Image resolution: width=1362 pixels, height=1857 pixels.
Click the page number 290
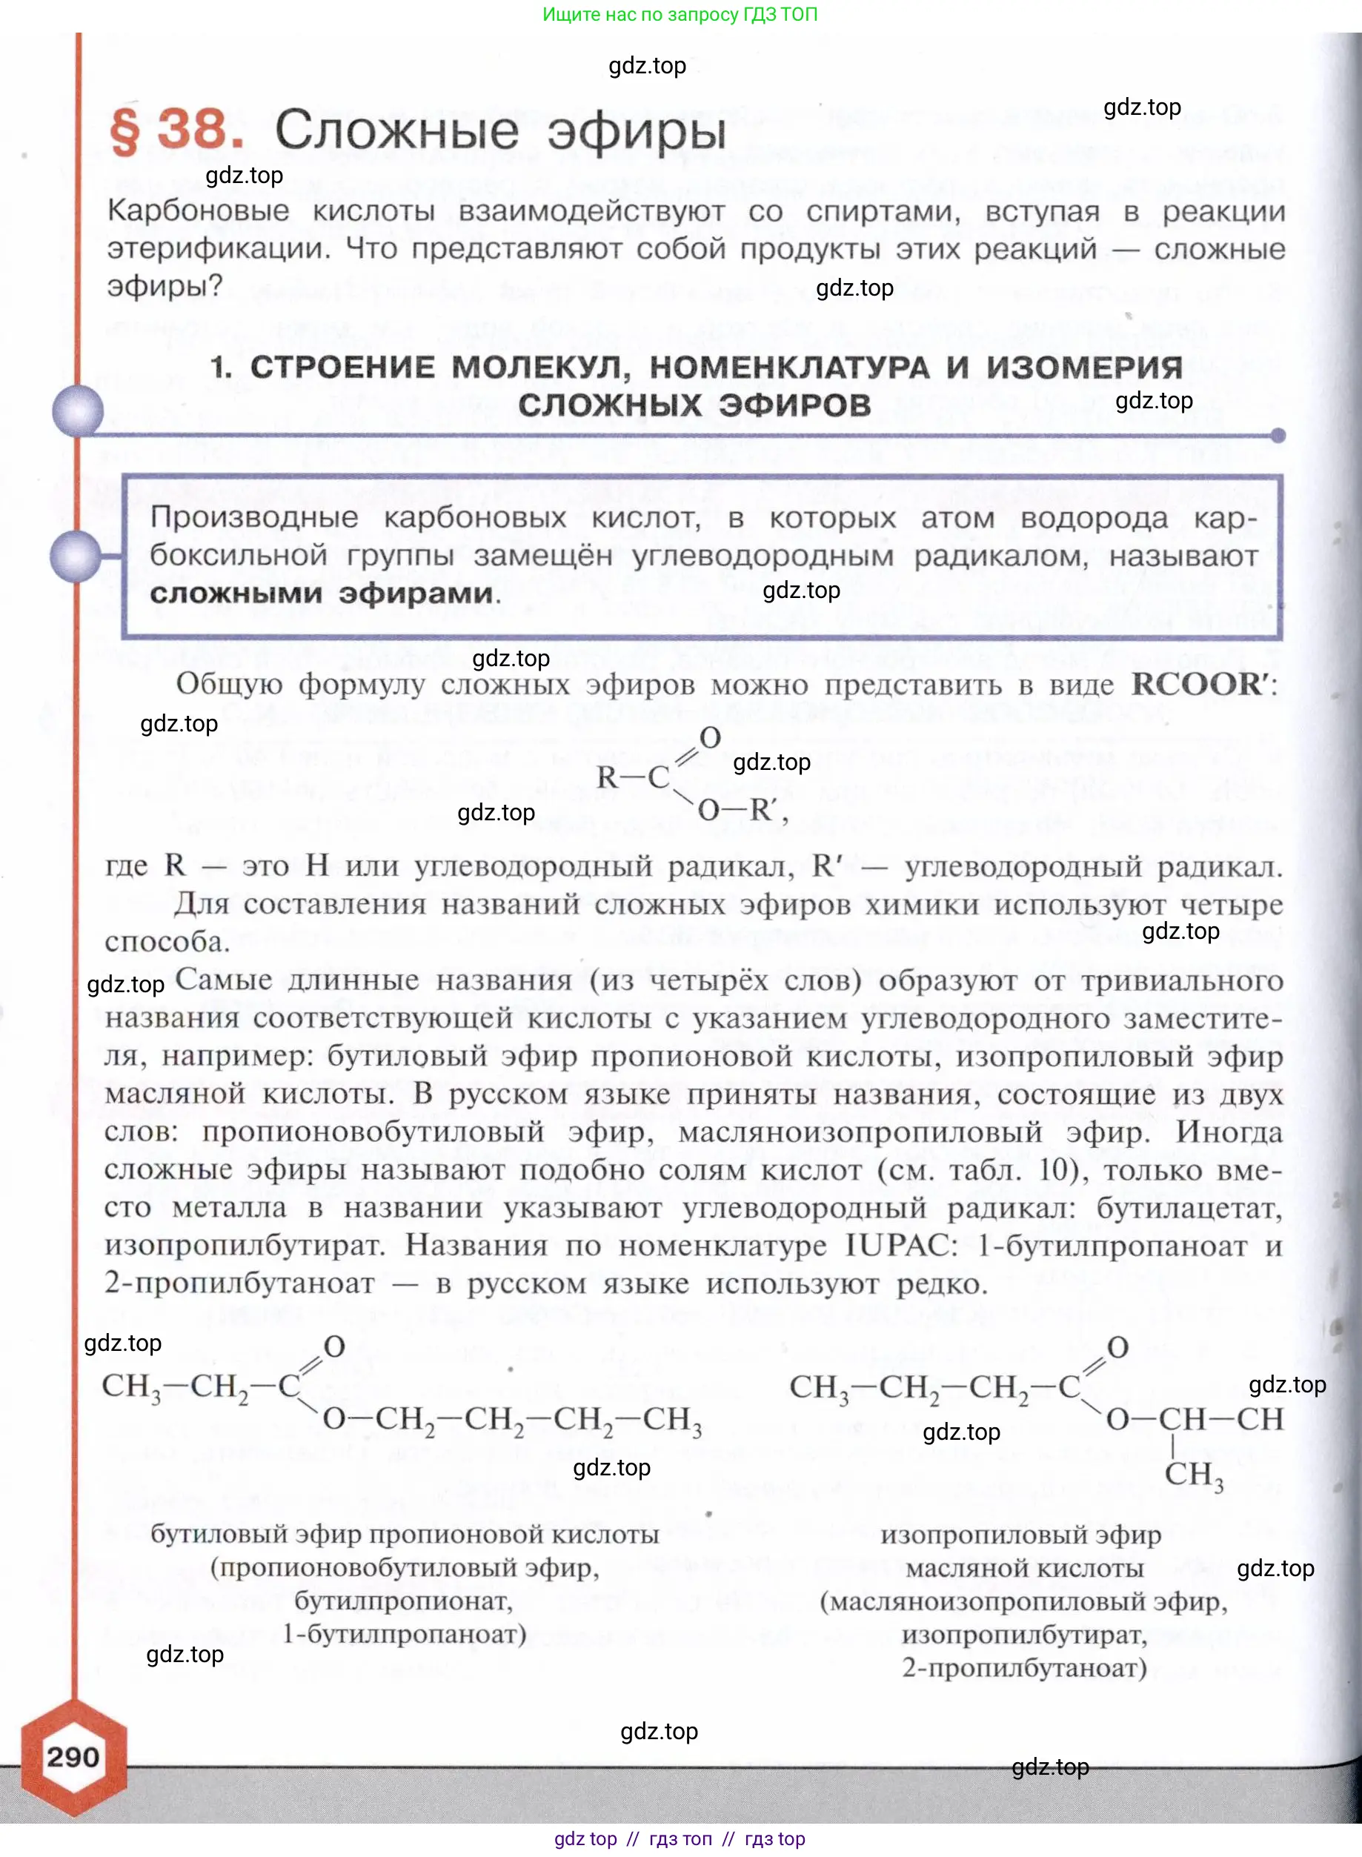(73, 1756)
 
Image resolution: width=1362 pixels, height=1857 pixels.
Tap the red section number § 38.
(176, 130)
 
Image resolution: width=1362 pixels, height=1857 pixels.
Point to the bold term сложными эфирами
(322, 594)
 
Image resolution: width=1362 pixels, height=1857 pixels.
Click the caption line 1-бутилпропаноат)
(404, 1634)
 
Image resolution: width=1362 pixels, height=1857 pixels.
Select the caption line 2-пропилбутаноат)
(1024, 1667)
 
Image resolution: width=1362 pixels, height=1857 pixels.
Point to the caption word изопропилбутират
(1024, 1634)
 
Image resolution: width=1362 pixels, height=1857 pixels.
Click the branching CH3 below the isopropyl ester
(1193, 1474)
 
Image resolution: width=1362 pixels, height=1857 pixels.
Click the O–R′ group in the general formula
(739, 810)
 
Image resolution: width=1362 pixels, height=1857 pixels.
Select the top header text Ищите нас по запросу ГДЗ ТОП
(680, 14)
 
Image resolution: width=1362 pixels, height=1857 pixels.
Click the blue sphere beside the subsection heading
(78, 410)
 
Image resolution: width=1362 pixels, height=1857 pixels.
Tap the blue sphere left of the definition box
(76, 556)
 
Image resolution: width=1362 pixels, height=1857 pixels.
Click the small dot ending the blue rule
(1278, 435)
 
